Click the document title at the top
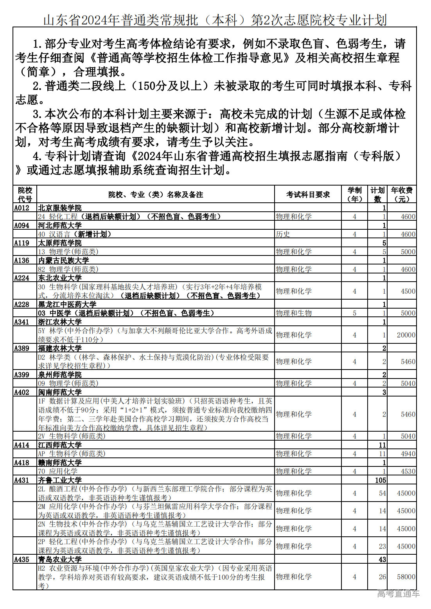(215, 20)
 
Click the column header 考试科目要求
(308, 195)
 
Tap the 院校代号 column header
(25, 195)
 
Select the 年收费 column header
(402, 195)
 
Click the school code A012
(22, 208)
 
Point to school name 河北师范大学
(60, 225)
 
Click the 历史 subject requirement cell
(283, 234)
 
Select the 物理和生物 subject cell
(294, 313)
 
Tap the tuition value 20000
(406, 335)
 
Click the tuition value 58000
(406, 577)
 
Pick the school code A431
(22, 480)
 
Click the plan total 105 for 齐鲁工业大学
(380, 480)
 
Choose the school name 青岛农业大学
(60, 560)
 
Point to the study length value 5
(354, 313)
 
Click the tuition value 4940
(408, 454)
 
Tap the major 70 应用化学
(58, 471)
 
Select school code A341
(22, 322)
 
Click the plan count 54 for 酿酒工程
(382, 493)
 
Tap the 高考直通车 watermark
(398, 594)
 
